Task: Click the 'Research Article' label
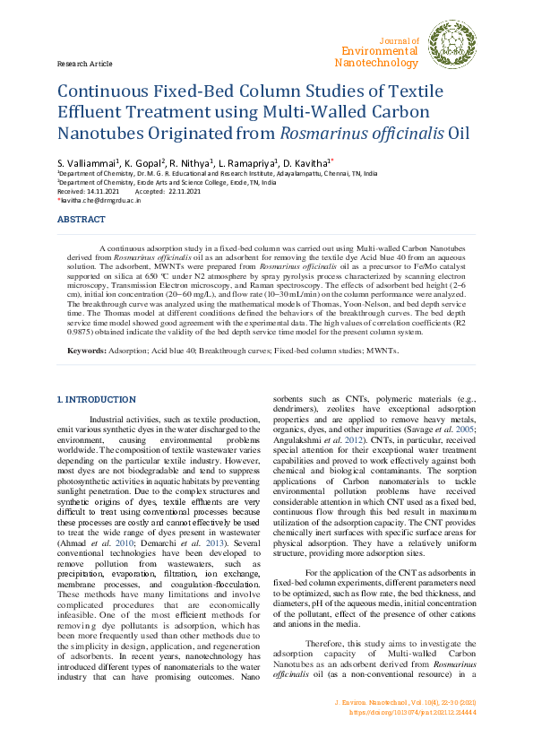tap(84, 65)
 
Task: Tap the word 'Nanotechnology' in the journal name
tap(376, 63)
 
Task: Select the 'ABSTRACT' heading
tap(81, 220)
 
